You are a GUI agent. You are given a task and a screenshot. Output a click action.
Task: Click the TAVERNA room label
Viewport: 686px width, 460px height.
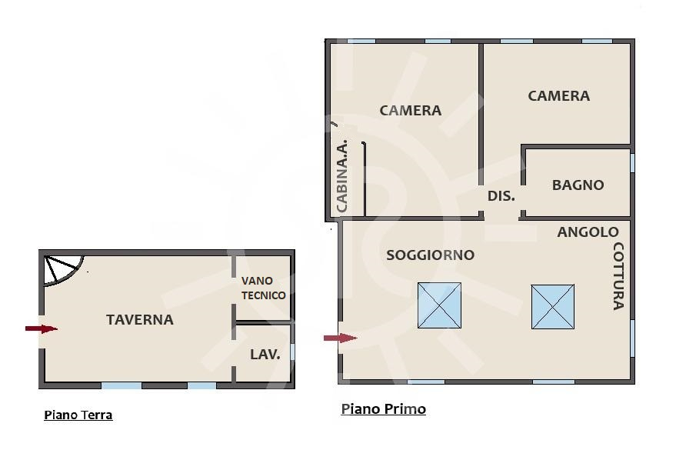pyautogui.click(x=139, y=319)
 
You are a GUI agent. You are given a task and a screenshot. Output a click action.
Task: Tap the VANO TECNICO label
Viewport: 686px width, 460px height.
pyautogui.click(x=263, y=288)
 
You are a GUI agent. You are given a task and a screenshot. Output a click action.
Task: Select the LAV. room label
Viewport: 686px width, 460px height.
pyautogui.click(x=265, y=354)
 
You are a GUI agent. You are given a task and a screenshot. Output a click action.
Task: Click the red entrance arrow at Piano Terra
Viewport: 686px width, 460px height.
pyautogui.click(x=41, y=328)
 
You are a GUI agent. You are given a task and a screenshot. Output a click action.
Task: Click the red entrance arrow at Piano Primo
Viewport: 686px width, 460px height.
pyautogui.click(x=341, y=338)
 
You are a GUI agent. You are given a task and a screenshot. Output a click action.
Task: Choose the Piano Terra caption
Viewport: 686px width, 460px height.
pyautogui.click(x=78, y=415)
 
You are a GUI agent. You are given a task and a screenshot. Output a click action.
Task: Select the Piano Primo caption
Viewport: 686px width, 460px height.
pyautogui.click(x=383, y=408)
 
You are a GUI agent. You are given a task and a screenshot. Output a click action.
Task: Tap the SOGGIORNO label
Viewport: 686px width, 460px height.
pyautogui.click(x=430, y=255)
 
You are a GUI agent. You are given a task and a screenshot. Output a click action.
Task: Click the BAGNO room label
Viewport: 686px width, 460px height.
pyautogui.click(x=578, y=185)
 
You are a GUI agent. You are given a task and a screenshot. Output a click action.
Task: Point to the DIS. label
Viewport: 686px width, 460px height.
pyautogui.click(x=501, y=196)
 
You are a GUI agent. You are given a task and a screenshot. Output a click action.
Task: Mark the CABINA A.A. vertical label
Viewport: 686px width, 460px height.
pyautogui.click(x=341, y=176)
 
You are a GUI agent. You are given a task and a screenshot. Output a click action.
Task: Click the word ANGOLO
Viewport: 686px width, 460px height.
pyautogui.click(x=588, y=232)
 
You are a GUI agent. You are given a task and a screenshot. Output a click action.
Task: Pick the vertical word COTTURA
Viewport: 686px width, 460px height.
pyautogui.click(x=618, y=276)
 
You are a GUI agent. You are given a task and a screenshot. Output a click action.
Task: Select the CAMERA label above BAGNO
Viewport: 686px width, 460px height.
pyautogui.click(x=558, y=96)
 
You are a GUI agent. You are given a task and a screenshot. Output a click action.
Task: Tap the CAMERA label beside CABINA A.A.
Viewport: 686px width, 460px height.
pyautogui.click(x=411, y=110)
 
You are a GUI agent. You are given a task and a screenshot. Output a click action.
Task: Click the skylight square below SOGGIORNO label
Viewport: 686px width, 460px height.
pyautogui.click(x=439, y=305)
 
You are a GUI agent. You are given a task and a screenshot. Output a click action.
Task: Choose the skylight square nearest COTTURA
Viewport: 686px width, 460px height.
pyautogui.click(x=552, y=307)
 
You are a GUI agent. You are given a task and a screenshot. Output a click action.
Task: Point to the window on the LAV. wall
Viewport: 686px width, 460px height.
pyautogui.click(x=292, y=352)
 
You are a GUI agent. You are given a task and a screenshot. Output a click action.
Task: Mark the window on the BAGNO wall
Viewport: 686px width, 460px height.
pyautogui.click(x=632, y=163)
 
